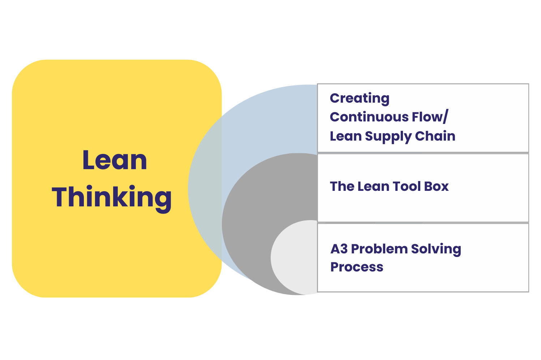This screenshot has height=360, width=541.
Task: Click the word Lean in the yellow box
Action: click(x=115, y=160)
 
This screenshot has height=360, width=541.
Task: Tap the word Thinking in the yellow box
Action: click(x=112, y=197)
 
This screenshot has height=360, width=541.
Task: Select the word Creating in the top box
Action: click(x=360, y=98)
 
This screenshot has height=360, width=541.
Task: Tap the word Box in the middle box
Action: click(x=436, y=187)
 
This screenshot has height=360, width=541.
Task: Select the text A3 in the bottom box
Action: click(x=339, y=249)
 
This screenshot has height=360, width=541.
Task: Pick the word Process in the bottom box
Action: click(x=357, y=267)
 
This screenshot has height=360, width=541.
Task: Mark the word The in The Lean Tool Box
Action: click(x=342, y=187)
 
